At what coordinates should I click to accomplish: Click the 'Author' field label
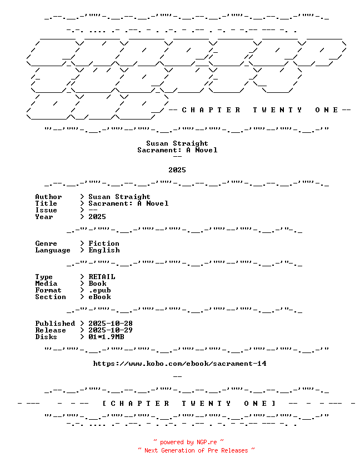pyautogui.click(x=48, y=197)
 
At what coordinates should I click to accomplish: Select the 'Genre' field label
pyautogui.click(x=46, y=244)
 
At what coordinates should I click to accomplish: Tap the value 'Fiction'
pyautogui.click(x=104, y=244)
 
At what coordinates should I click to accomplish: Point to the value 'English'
pyautogui.click(x=104, y=250)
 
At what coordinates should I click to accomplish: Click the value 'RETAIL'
pyautogui.click(x=102, y=277)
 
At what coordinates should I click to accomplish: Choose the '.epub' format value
pyautogui.click(x=99, y=290)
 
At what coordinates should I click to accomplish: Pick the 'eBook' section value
pyautogui.click(x=99, y=297)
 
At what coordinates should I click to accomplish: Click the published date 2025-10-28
pyautogui.click(x=111, y=324)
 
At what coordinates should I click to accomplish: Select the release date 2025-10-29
pyautogui.click(x=111, y=330)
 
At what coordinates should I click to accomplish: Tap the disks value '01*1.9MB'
pyautogui.click(x=106, y=337)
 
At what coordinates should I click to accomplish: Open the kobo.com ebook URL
pyautogui.click(x=179, y=364)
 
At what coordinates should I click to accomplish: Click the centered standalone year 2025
pyautogui.click(x=177, y=170)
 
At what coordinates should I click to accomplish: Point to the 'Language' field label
pyautogui.click(x=53, y=251)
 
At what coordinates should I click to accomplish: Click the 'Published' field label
pyautogui.click(x=55, y=324)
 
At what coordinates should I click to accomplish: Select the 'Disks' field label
pyautogui.click(x=46, y=337)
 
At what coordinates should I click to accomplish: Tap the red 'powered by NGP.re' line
pyautogui.click(x=189, y=443)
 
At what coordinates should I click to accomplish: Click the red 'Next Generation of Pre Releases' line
pyautogui.click(x=196, y=450)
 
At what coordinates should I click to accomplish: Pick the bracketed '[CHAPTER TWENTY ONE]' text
pyautogui.click(x=189, y=404)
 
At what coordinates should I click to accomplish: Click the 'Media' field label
pyautogui.click(x=46, y=284)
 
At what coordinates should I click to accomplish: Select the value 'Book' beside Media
pyautogui.click(x=97, y=284)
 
